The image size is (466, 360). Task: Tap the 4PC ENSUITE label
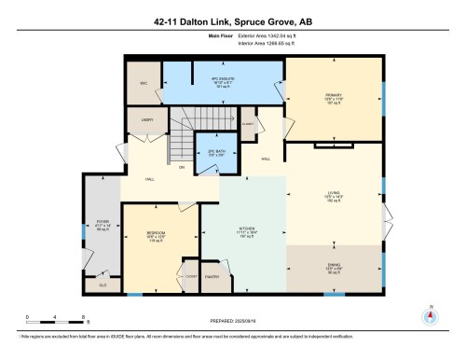(x=220, y=79)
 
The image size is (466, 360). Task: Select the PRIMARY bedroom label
(x=333, y=96)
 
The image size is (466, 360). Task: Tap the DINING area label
(x=334, y=267)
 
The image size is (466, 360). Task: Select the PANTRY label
(x=212, y=276)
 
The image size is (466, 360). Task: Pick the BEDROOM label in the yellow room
(x=157, y=233)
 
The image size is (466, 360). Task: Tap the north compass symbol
(x=429, y=314)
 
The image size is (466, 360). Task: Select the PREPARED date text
(x=233, y=320)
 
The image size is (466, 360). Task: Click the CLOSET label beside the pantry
(x=190, y=277)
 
